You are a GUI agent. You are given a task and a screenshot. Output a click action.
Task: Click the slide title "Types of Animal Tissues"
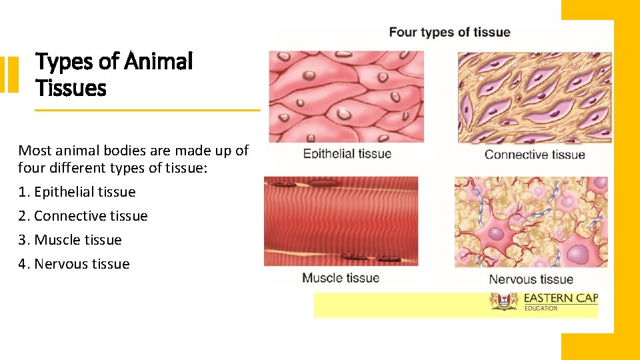113,74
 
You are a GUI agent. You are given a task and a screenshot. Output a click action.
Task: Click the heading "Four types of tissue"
449,32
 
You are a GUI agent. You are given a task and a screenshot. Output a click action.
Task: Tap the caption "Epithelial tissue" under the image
347,154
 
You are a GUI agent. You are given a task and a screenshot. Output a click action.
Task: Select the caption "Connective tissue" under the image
535,155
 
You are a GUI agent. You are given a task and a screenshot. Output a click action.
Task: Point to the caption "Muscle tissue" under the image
341,278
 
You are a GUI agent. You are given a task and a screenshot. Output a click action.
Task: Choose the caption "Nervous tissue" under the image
531,279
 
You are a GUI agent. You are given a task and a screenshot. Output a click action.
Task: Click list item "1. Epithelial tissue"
77,192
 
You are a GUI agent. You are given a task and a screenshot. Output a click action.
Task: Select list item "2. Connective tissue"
83,216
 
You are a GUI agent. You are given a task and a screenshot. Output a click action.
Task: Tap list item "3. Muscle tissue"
70,240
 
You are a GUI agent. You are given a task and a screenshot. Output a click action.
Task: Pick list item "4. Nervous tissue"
73,264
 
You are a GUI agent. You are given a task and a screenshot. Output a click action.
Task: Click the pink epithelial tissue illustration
346,97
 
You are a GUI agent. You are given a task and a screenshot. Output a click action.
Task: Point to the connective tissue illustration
534,97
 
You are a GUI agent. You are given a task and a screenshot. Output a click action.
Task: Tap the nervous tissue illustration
531,221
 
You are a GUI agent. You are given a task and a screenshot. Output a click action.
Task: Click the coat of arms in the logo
504,301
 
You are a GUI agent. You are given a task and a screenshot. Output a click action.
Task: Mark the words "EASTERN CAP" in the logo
561,298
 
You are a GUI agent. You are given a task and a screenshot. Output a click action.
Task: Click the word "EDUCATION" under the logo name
541,309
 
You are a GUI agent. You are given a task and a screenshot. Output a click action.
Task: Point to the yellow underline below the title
147,110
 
